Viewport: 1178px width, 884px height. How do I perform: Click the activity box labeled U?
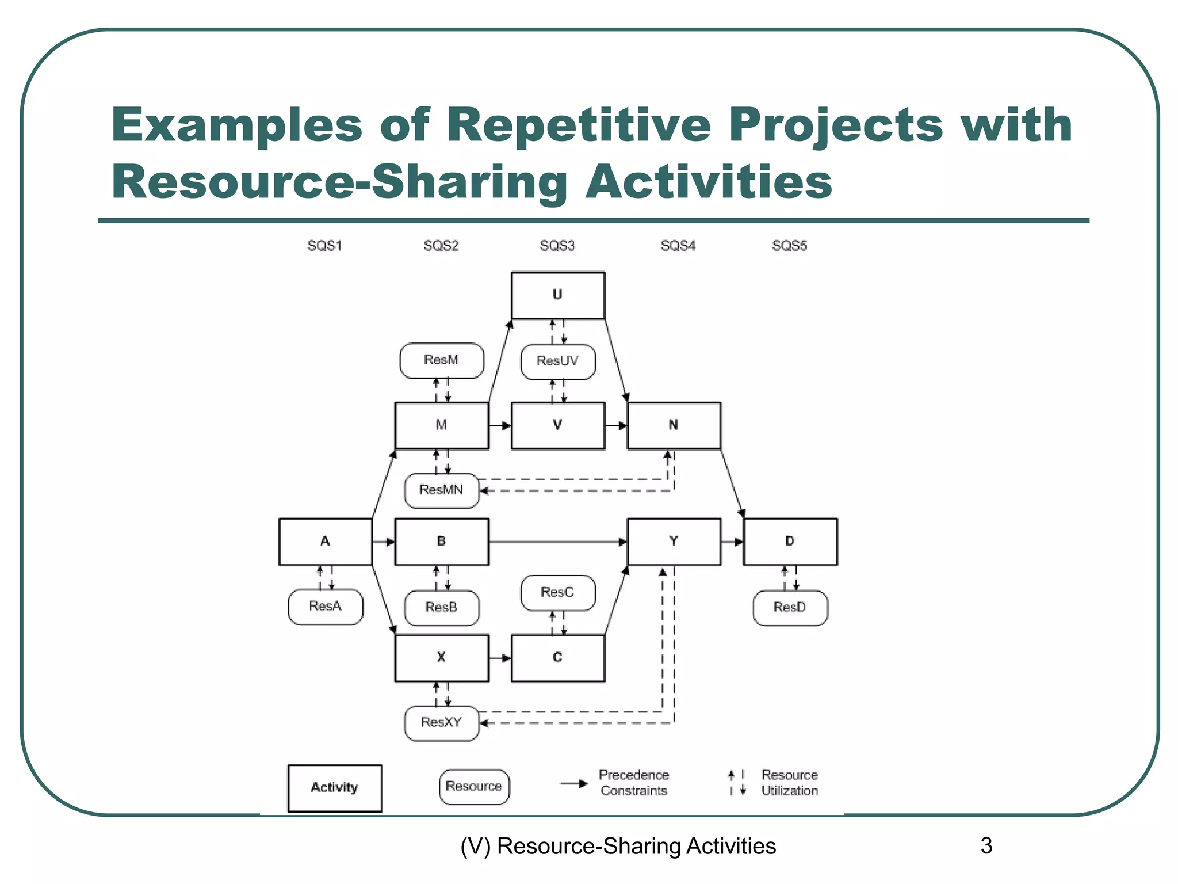pos(557,295)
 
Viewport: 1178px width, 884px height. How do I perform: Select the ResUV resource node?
pos(557,361)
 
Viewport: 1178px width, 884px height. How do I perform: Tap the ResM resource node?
pos(441,360)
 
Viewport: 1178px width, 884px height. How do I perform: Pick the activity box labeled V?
pos(557,425)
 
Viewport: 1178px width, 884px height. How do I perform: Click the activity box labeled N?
pos(674,425)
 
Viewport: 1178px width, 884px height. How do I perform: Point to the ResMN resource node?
pos(441,490)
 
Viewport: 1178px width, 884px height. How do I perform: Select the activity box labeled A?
pos(325,542)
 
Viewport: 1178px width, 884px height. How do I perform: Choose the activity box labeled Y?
pos(674,542)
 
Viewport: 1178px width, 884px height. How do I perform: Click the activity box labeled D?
pos(790,542)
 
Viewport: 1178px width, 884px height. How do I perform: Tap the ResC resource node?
pos(557,593)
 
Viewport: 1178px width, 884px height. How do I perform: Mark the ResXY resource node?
pos(441,723)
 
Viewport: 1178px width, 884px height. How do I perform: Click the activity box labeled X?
pos(441,658)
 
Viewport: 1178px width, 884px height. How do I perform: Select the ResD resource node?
pos(790,608)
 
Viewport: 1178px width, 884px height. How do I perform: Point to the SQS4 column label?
pos(678,246)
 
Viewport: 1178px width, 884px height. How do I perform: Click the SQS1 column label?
pos(324,246)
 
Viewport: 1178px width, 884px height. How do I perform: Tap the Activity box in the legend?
pos(334,788)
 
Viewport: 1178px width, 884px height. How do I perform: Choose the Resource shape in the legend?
pos(473,787)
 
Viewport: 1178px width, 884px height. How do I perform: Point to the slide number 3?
pos(986,846)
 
